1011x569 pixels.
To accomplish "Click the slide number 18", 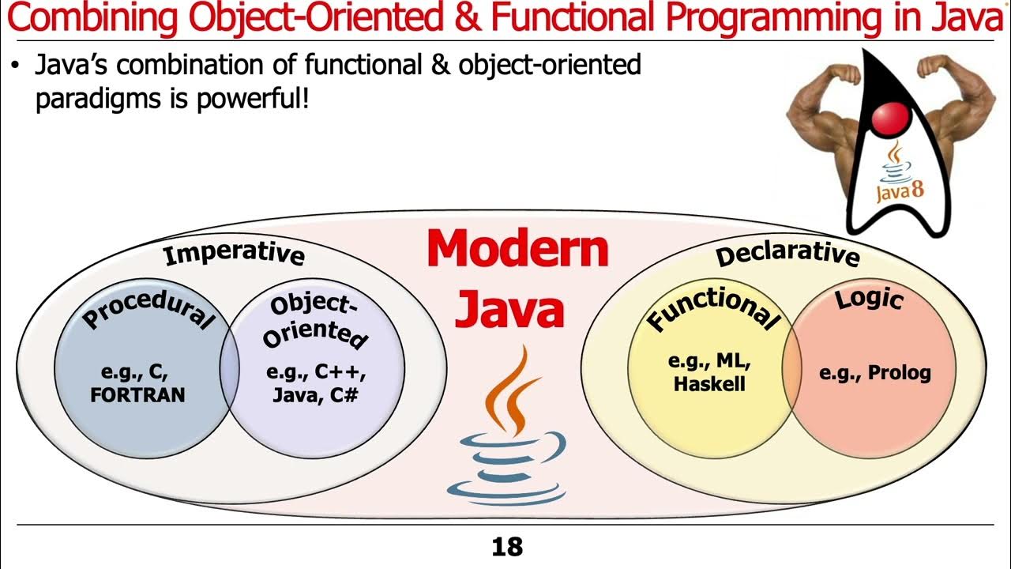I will pyautogui.click(x=506, y=547).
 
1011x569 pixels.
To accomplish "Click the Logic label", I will pyautogui.click(x=869, y=300).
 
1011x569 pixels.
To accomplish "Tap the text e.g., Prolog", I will pyautogui.click(x=874, y=373).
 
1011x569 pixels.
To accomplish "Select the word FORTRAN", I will pyautogui.click(x=137, y=394).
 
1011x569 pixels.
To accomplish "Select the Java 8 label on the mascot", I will pyautogui.click(x=900, y=190).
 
